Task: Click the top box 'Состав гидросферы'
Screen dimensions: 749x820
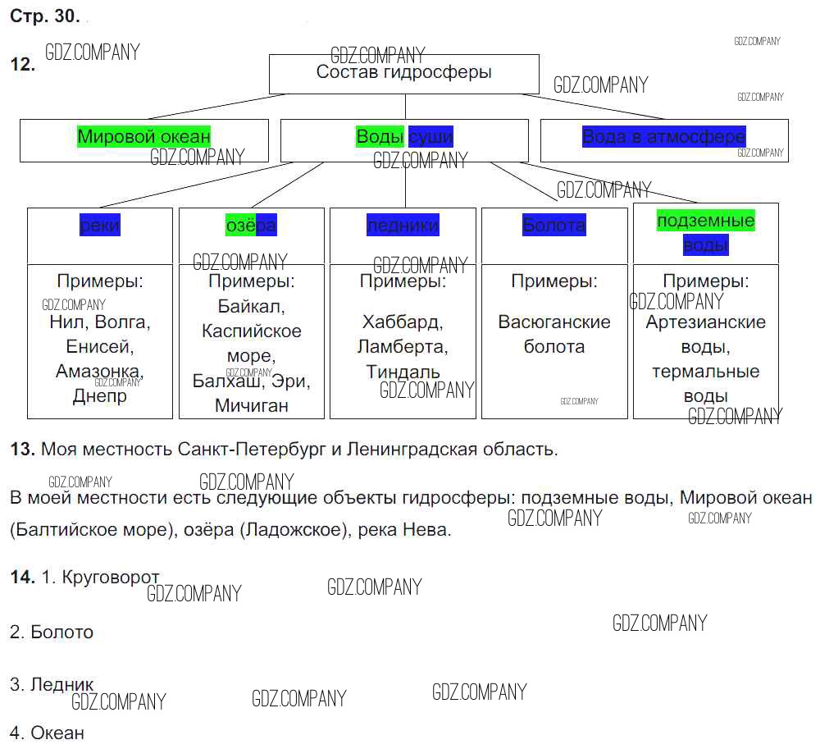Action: pyautogui.click(x=403, y=72)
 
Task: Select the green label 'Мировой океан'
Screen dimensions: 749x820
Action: pyautogui.click(x=143, y=136)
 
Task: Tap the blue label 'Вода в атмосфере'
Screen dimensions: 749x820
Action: pyautogui.click(x=663, y=136)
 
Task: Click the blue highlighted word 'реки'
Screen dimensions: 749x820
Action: pyautogui.click(x=99, y=225)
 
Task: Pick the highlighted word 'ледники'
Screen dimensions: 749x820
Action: pyautogui.click(x=403, y=225)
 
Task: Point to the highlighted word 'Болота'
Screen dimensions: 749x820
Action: pyautogui.click(x=553, y=225)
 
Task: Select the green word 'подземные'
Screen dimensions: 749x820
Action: pyautogui.click(x=705, y=221)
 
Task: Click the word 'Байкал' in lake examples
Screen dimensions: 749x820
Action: pyautogui.click(x=251, y=307)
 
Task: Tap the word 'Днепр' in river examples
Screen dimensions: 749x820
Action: pyautogui.click(x=100, y=396)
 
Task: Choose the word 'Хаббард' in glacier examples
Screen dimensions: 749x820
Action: pyautogui.click(x=403, y=322)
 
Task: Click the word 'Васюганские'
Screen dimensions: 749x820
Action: pyautogui.click(x=554, y=322)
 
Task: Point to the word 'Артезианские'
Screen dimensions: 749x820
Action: pyautogui.click(x=705, y=322)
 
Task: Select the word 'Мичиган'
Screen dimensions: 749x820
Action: pyautogui.click(x=251, y=405)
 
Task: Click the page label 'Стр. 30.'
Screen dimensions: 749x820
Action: pyautogui.click(x=45, y=16)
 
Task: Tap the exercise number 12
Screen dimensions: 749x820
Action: pyautogui.click(x=22, y=66)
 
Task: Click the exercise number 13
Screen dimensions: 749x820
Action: pyautogui.click(x=22, y=450)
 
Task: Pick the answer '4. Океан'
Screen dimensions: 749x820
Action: pyautogui.click(x=47, y=733)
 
